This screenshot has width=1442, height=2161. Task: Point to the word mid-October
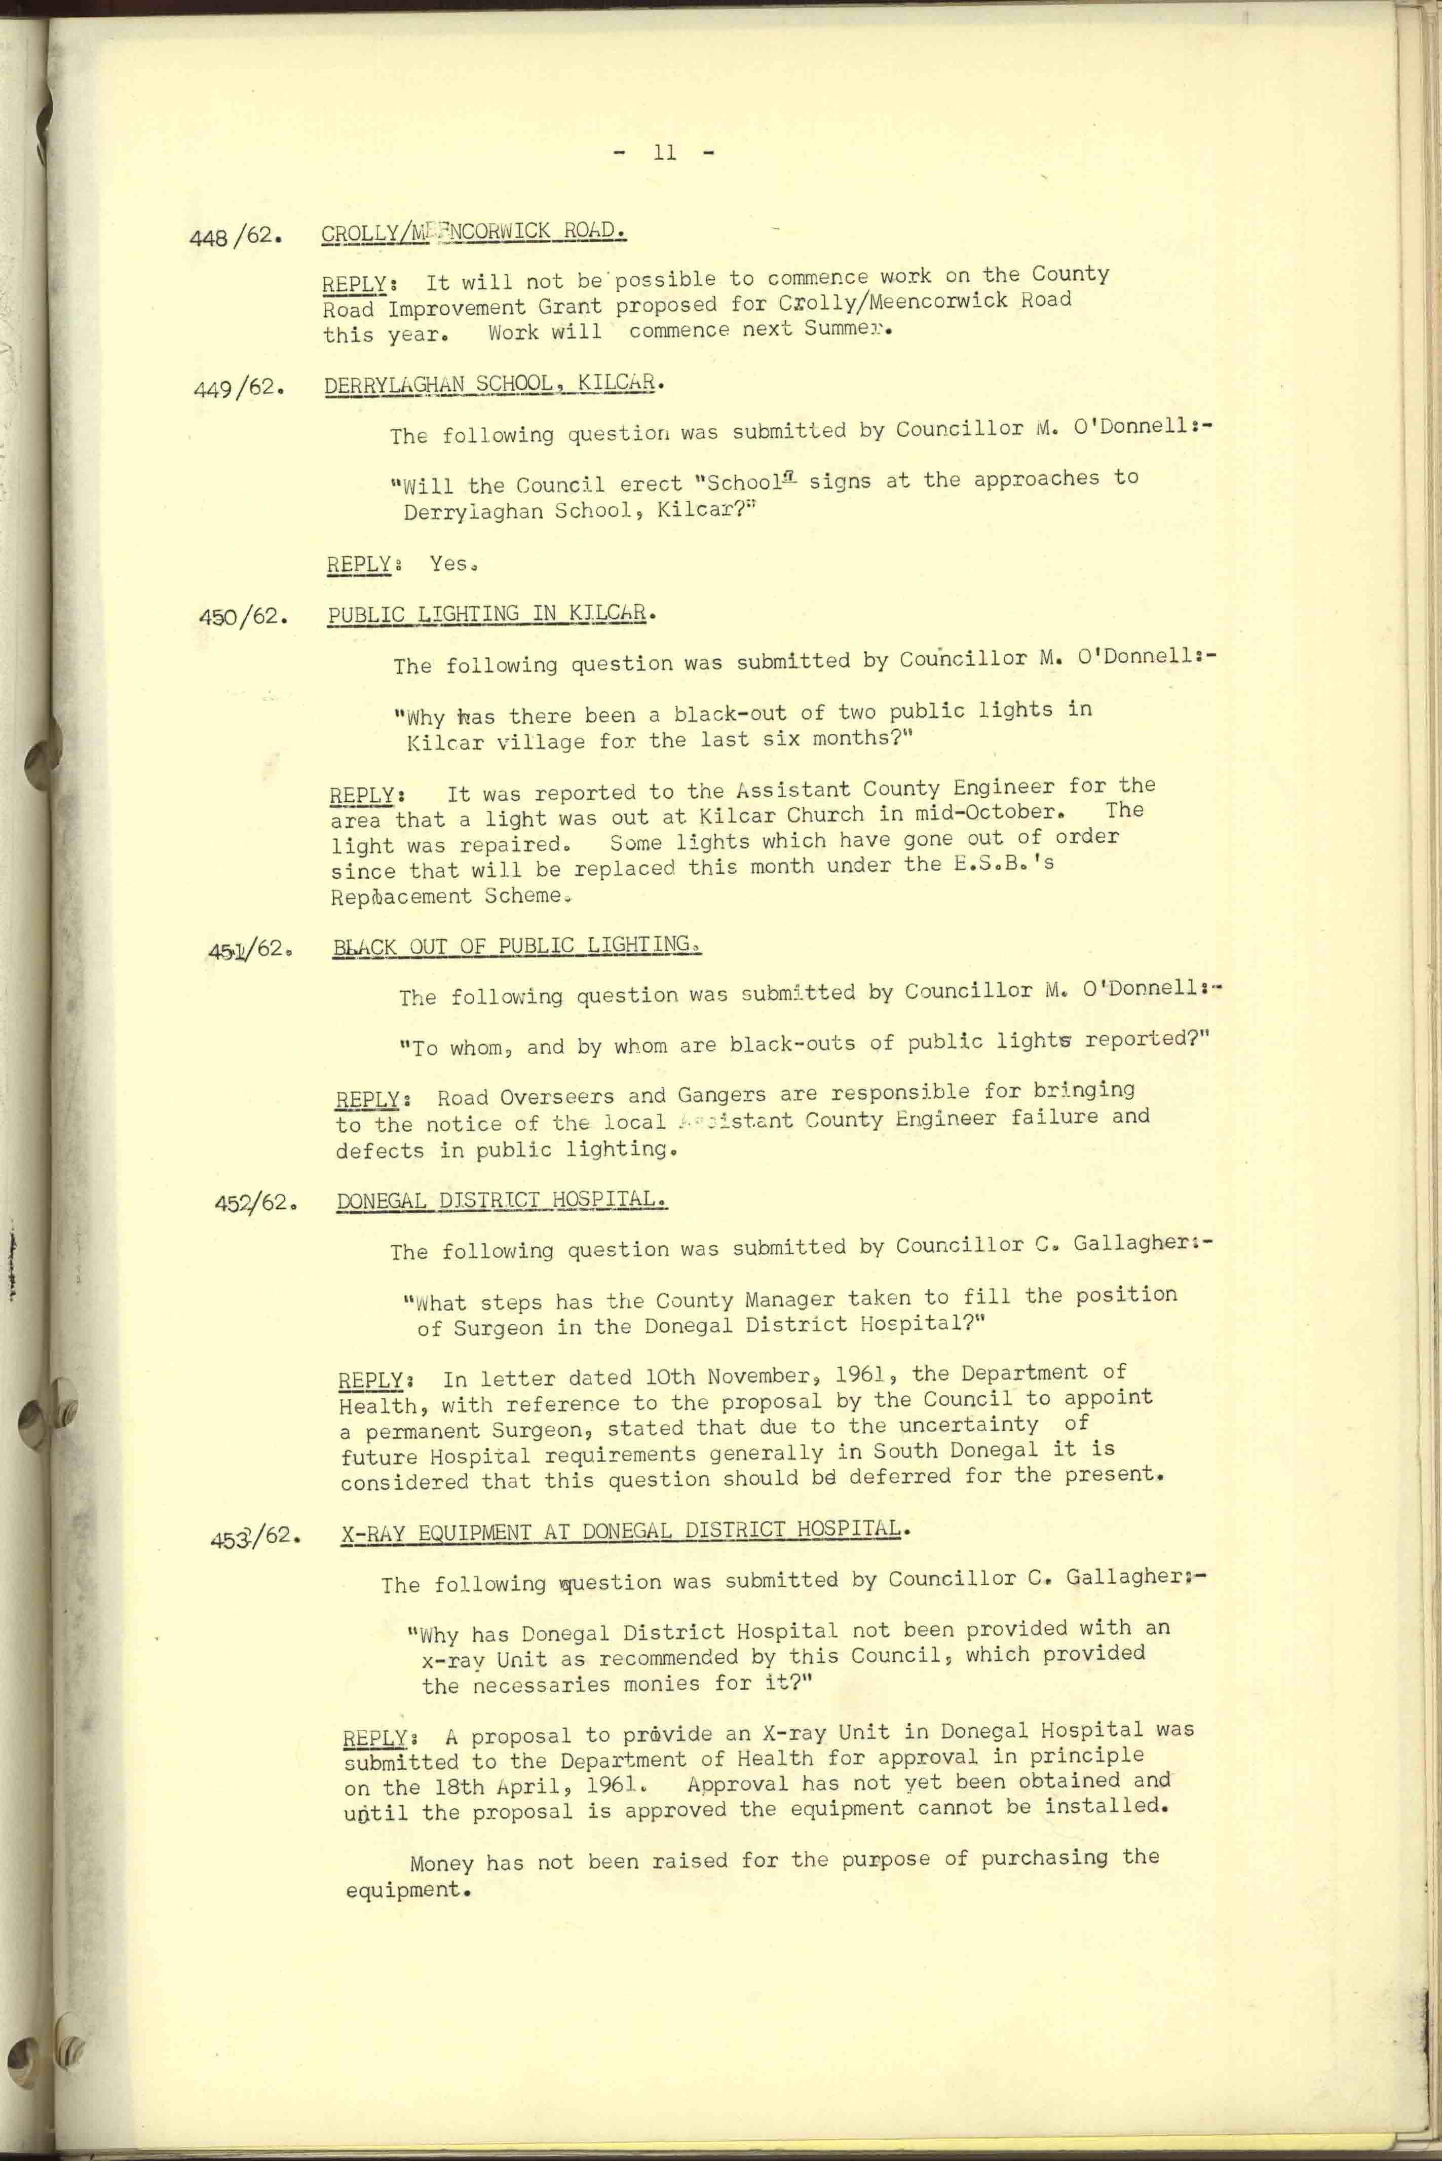pyautogui.click(x=998, y=812)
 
